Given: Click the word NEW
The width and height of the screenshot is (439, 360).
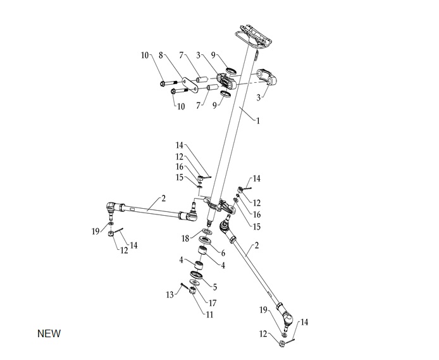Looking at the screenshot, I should pyautogui.click(x=49, y=333).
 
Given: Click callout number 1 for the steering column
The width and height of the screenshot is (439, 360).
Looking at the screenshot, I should pyautogui.click(x=257, y=119).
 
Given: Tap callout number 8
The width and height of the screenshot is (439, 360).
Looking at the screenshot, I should pyautogui.click(x=161, y=56).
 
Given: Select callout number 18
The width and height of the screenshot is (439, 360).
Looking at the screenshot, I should pyautogui.click(x=185, y=239).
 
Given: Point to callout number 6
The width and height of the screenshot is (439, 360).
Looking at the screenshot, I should pyautogui.click(x=223, y=252).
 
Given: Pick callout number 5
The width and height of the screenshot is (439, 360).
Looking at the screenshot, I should pyautogui.click(x=214, y=287).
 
